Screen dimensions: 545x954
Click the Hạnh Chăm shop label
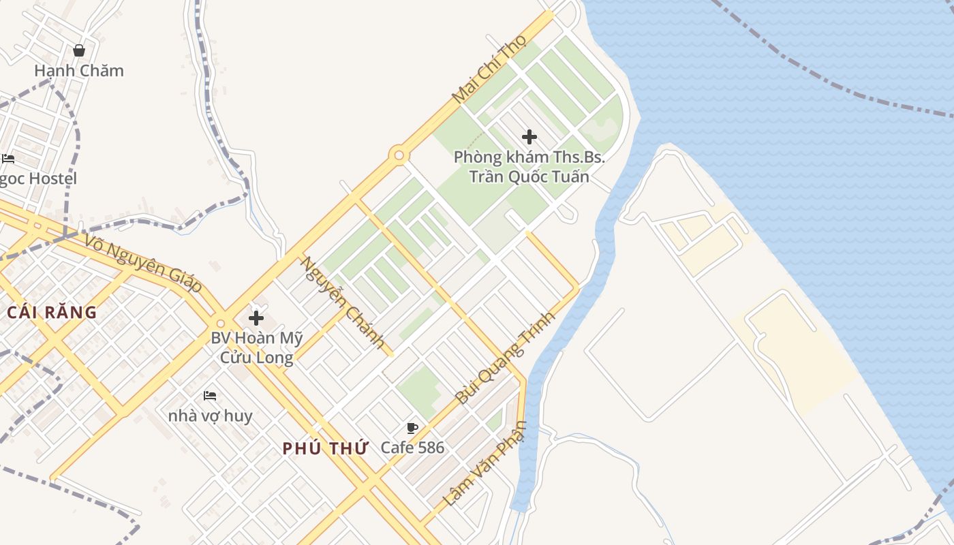[79, 70]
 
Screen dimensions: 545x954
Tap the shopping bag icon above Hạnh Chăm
[79, 50]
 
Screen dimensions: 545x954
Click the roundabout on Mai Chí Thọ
[399, 155]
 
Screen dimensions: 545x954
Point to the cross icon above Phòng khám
[529, 137]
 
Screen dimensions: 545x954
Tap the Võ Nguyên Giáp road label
[144, 263]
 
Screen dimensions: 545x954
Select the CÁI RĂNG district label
[52, 313]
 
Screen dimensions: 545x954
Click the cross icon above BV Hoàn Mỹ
[256, 317]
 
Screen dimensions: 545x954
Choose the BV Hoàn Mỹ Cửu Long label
[256, 347]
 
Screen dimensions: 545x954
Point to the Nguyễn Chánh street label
[343, 302]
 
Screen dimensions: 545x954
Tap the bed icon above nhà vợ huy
[210, 395]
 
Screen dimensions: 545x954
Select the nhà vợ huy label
[210, 416]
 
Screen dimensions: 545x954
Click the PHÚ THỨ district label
[325, 448]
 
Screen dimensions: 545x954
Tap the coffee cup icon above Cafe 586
[412, 428]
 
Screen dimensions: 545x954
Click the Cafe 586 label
[412, 448]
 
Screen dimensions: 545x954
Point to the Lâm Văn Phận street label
[485, 463]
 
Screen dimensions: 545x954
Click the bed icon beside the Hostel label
[8, 159]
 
